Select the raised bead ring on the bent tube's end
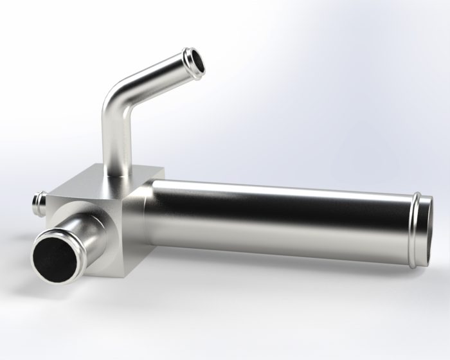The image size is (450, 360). coord(187,59)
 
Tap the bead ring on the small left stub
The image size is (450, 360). coord(35,204)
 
